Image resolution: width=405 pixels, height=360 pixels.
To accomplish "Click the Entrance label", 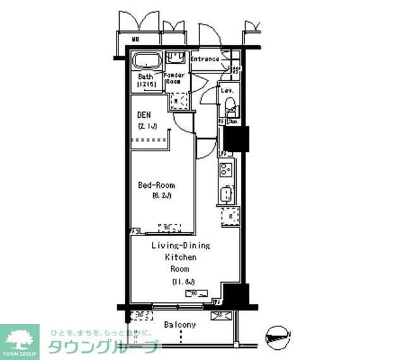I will pos(205,59).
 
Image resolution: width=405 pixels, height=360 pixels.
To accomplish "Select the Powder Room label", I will pos(174,78).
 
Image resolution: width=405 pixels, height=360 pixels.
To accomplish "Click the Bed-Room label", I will pos(156,185).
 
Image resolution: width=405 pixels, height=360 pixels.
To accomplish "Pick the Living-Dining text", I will pos(180,245).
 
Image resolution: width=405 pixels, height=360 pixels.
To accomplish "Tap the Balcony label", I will pos(180,325).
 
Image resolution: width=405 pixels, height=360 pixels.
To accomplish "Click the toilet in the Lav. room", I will pos(230,107).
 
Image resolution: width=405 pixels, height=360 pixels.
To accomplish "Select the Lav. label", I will pos(227,90).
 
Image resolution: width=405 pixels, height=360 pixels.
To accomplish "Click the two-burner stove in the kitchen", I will pos(227,170).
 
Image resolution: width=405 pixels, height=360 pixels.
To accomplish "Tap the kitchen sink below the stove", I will pos(227,194).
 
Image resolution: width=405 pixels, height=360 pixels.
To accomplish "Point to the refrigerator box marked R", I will pos(229,217).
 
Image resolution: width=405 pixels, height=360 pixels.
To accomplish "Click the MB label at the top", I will pos(135,39).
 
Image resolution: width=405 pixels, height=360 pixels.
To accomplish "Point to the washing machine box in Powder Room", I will pos(178,101).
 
